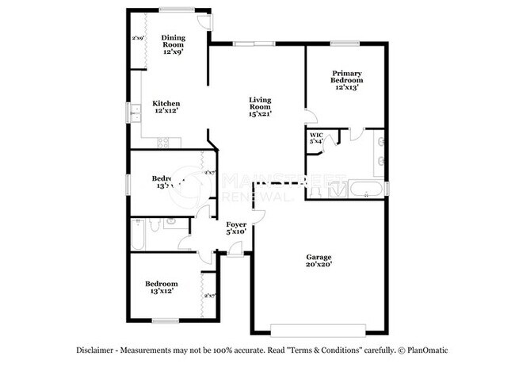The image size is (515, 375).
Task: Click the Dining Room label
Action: [x=173, y=45]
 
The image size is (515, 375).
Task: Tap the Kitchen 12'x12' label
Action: [x=166, y=107]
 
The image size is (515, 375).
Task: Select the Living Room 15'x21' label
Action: [x=260, y=105]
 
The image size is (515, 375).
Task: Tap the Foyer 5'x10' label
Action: [x=237, y=229]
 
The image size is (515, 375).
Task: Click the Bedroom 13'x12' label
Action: [x=161, y=288]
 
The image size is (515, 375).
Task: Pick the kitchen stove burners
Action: [x=165, y=143]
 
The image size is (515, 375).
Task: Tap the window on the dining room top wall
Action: [x=173, y=10]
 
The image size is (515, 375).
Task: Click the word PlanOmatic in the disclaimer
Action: [x=430, y=350]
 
